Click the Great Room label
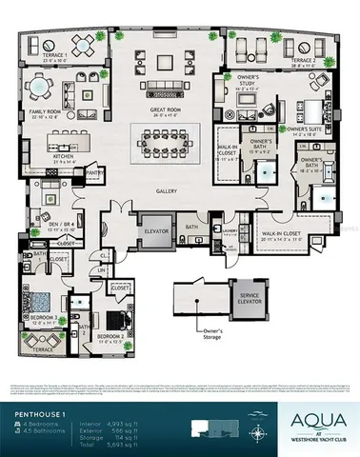tap(166, 110)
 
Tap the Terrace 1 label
tap(54, 57)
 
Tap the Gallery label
tap(168, 190)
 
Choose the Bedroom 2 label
tap(111, 336)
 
